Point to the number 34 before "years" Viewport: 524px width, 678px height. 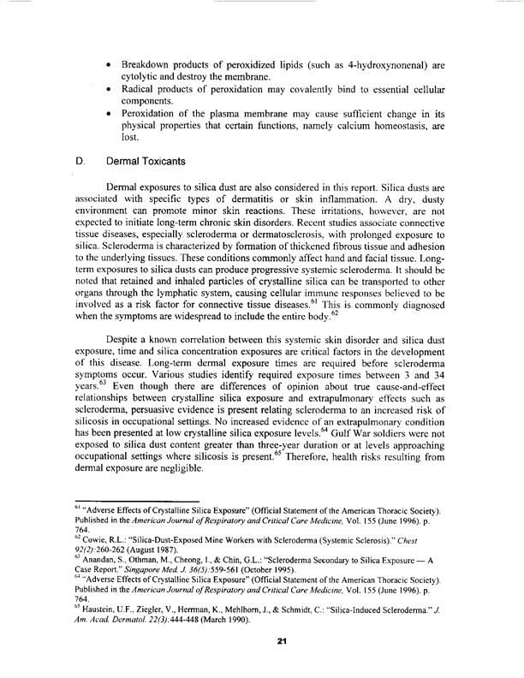[x=426, y=396]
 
